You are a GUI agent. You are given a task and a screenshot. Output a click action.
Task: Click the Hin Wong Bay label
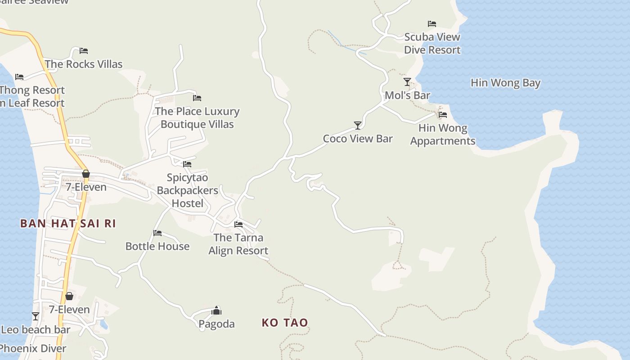pos(505,83)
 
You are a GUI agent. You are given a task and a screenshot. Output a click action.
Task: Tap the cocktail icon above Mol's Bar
pos(407,81)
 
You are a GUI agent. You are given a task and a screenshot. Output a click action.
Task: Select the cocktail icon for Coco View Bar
pos(358,125)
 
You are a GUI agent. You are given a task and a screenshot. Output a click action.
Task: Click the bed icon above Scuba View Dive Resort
pos(432,23)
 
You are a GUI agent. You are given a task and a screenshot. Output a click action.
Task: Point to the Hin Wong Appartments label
pos(443,135)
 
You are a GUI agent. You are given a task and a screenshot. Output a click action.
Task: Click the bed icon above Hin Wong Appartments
pos(443,114)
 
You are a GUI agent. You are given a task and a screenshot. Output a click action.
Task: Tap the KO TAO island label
pos(285,322)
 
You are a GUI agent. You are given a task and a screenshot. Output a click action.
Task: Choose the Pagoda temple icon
pos(216,310)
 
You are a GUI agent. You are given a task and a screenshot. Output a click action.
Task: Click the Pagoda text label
pos(216,324)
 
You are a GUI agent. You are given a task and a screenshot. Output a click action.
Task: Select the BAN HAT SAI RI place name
pos(68,223)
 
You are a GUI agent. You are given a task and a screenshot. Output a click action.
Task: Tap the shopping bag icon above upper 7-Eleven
pos(86,173)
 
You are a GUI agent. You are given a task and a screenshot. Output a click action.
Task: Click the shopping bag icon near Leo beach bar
pos(69,296)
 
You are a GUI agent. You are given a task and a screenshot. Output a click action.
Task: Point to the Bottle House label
pos(157,246)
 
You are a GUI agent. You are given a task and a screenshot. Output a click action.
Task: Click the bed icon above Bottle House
pos(157,233)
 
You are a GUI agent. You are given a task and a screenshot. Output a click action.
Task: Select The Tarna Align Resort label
pos(238,244)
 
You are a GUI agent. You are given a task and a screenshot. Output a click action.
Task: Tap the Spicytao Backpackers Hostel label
pos(188,190)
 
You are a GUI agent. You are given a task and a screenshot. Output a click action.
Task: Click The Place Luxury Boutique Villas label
pos(197,117)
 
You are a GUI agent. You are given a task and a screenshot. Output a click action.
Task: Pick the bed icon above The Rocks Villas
pos(84,50)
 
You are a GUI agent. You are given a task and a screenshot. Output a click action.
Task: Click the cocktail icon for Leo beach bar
pos(36,316)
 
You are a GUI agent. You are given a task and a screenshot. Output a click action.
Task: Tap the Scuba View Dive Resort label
pos(432,43)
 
